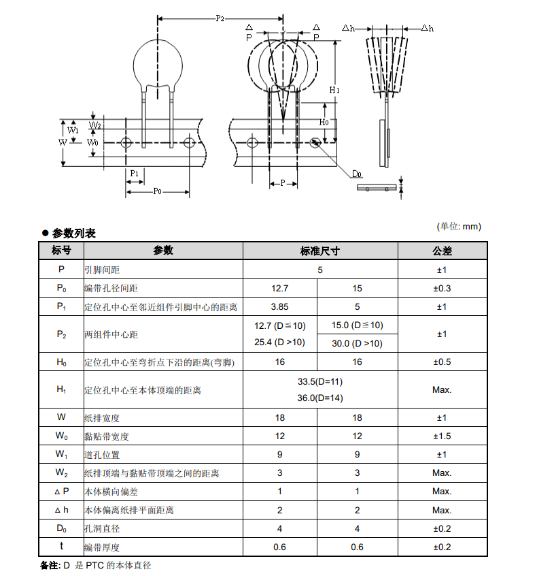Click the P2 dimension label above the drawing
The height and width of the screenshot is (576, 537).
220,18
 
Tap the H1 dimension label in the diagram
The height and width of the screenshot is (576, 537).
334,90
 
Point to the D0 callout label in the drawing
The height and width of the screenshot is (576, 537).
357,174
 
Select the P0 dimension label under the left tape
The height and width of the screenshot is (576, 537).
156,191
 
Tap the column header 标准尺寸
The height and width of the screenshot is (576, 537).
319,251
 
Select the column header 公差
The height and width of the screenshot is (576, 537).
442,251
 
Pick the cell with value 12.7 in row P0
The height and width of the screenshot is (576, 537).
280,289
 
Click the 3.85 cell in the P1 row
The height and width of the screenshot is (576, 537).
280,307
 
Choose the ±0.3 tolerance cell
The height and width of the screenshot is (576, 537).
442,289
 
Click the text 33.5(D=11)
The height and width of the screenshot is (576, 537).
320,381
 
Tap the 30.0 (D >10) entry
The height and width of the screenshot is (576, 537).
357,343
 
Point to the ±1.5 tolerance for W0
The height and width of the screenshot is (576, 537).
442,436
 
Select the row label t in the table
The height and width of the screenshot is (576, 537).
61,547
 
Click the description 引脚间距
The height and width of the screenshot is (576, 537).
102,270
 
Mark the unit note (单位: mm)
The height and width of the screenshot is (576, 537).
458,226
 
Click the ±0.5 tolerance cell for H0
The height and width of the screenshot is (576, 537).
442,362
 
